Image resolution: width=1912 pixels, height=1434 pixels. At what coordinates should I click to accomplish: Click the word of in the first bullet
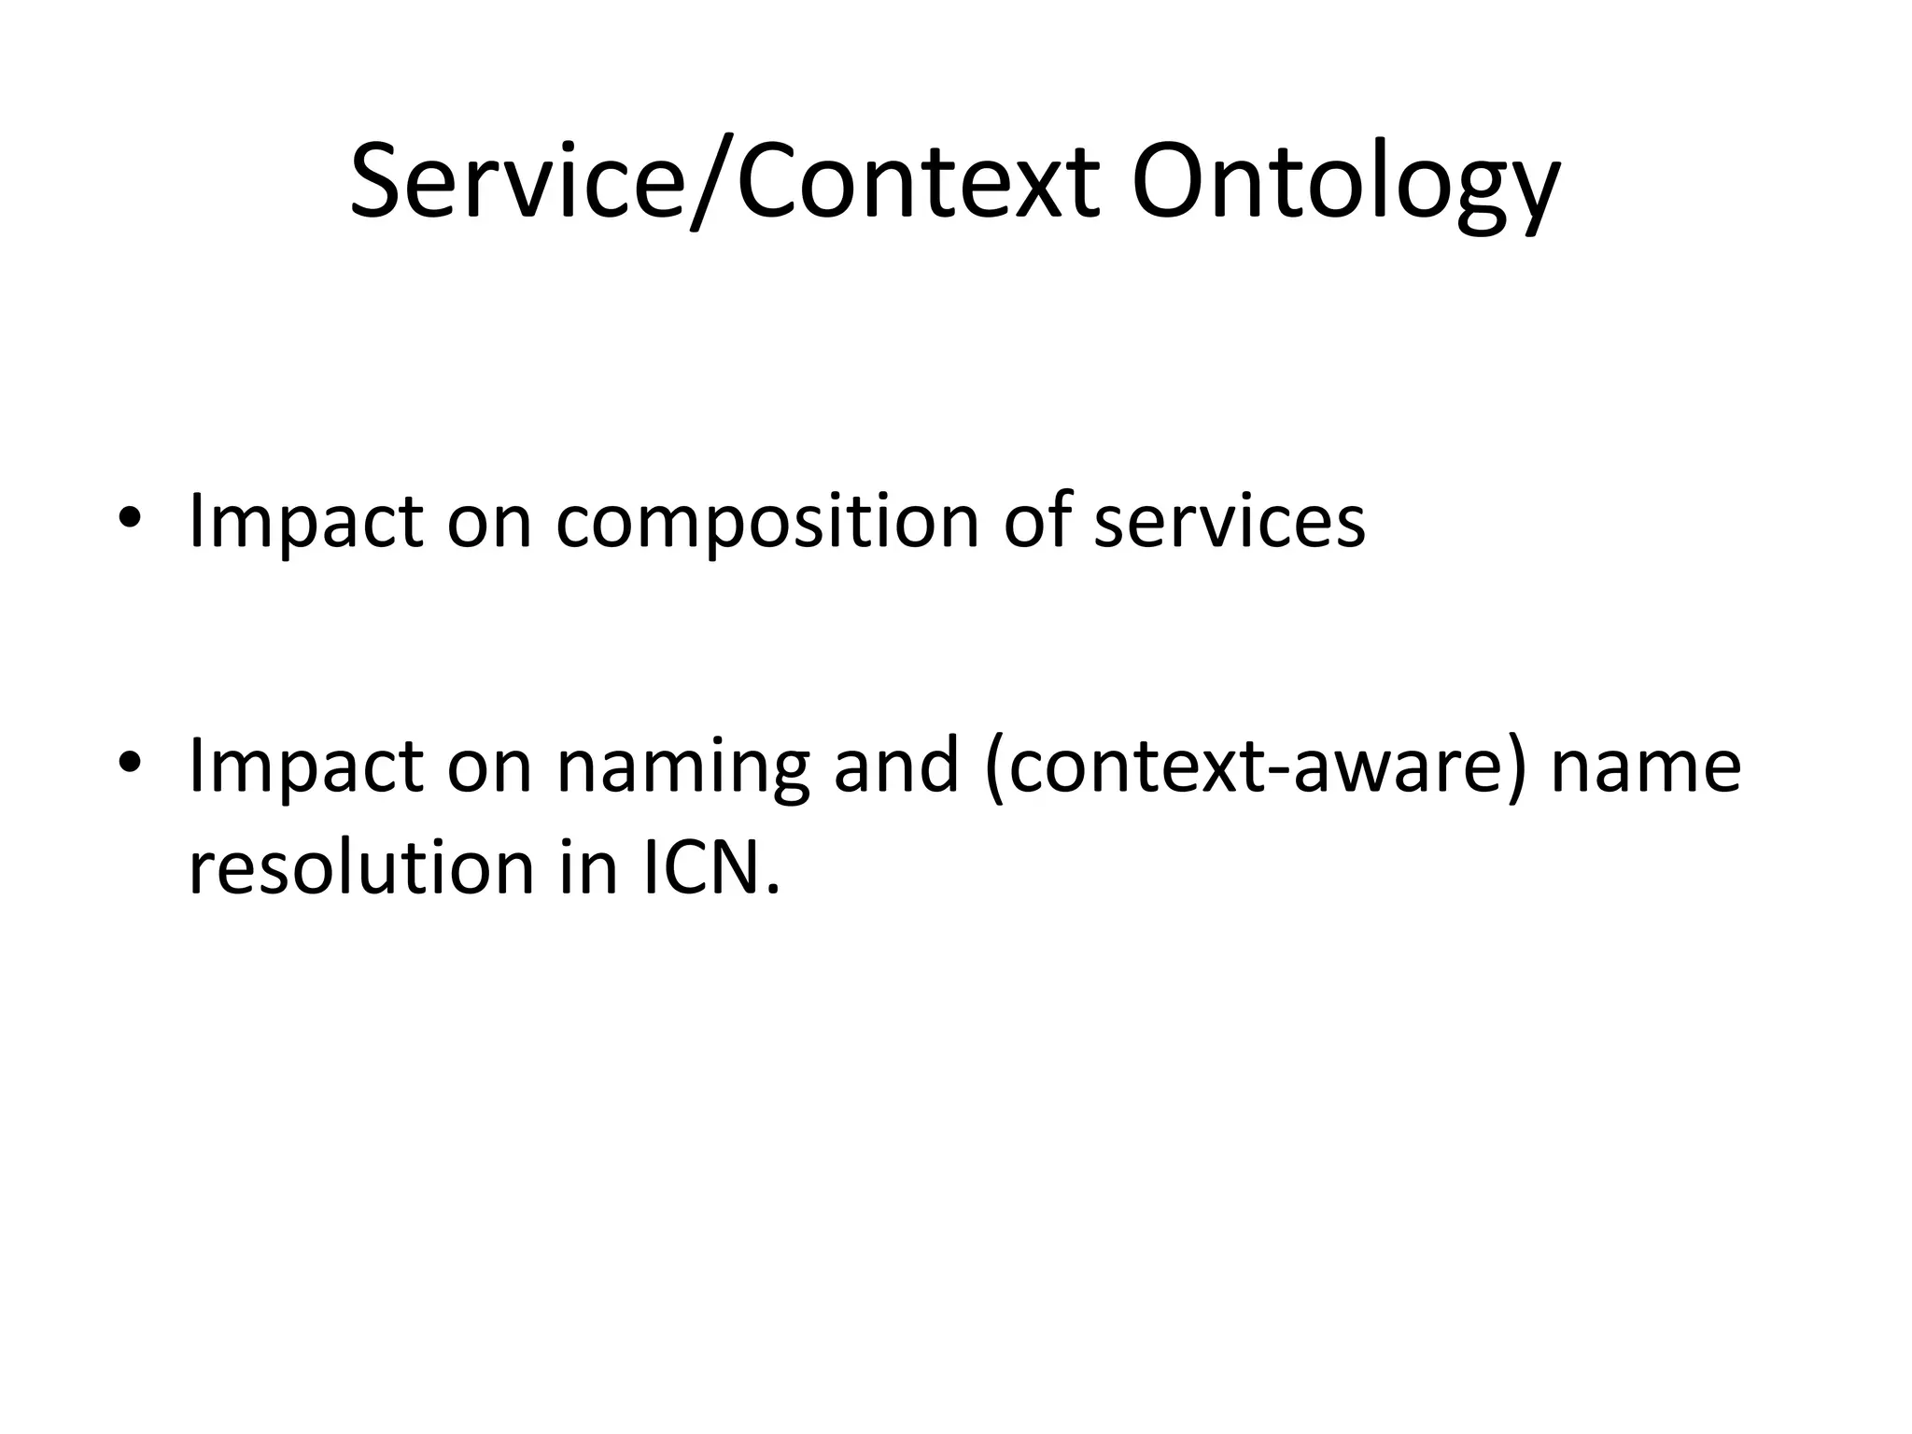pos(1036,521)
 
